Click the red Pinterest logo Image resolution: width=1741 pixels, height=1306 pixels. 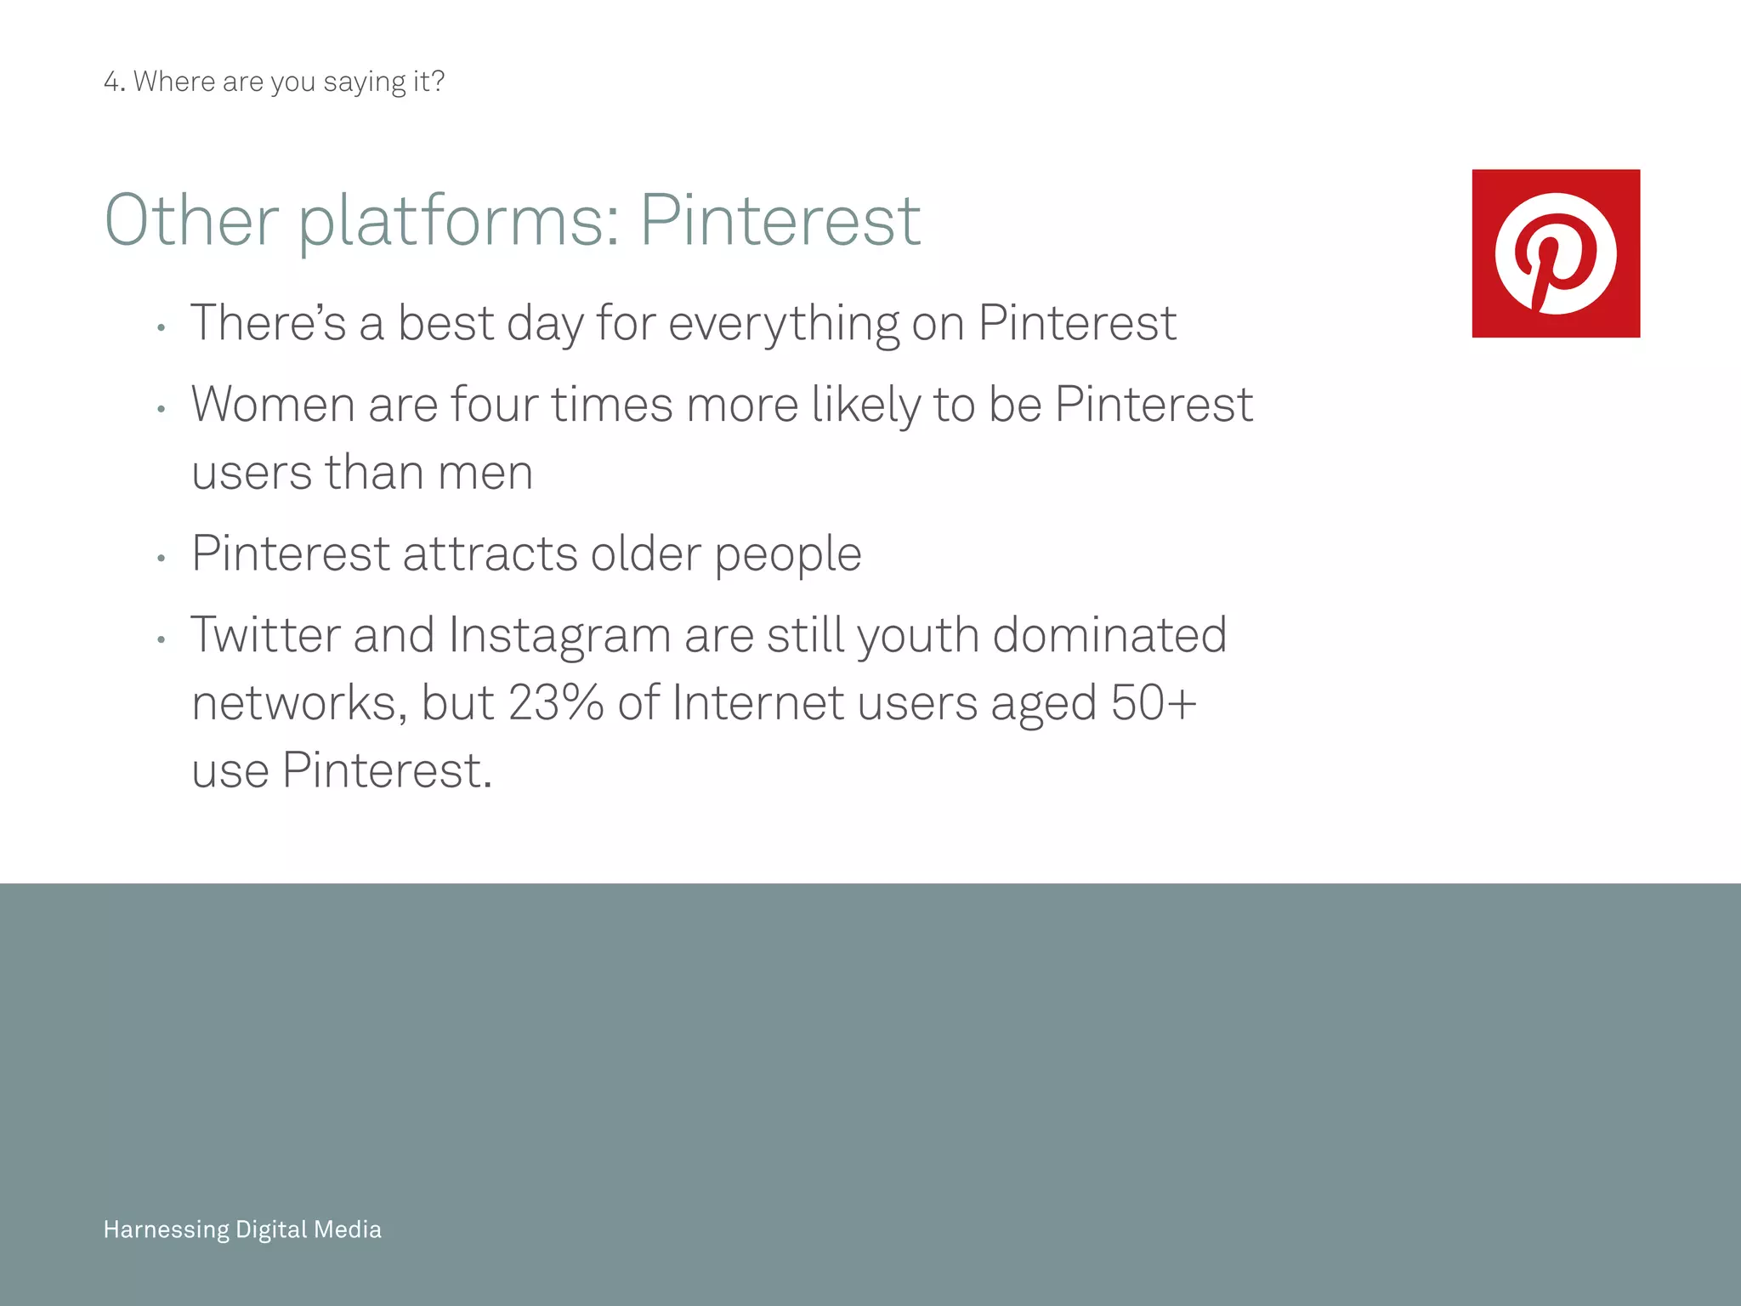pyautogui.click(x=1556, y=253)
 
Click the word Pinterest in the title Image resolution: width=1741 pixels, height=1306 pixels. pyautogui.click(x=780, y=221)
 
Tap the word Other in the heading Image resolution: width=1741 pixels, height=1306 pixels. pyautogui.click(x=191, y=221)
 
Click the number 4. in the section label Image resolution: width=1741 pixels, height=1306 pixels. pyautogui.click(x=114, y=82)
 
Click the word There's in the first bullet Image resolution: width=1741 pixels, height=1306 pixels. pyautogui.click(x=268, y=323)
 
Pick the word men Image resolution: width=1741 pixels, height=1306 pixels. pyautogui.click(x=485, y=474)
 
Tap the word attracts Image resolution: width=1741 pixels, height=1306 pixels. pyautogui.click(x=490, y=554)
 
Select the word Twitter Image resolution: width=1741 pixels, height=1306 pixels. pyautogui.click(x=264, y=635)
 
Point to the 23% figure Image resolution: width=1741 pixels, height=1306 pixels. pyautogui.click(x=556, y=703)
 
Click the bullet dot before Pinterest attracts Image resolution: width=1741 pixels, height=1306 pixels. pyautogui.click(x=161, y=559)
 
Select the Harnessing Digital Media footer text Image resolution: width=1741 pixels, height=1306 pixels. pyautogui.click(x=242, y=1229)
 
